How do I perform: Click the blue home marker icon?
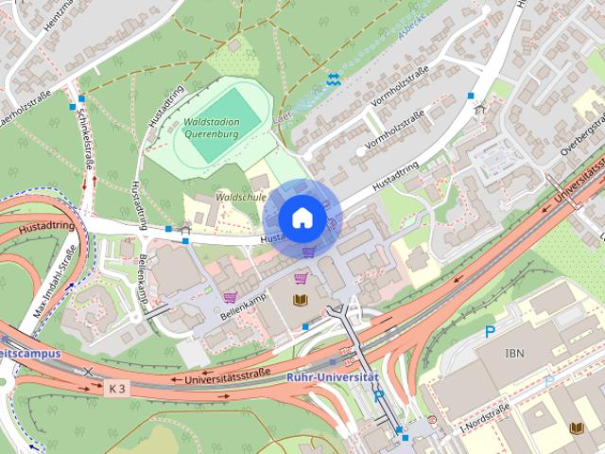coord(301,218)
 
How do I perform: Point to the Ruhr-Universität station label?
coord(332,377)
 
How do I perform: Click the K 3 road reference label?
coord(116,388)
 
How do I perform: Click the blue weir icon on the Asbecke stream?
coord(333,79)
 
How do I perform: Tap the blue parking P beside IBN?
coord(490,332)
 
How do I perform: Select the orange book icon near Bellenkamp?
coord(301,300)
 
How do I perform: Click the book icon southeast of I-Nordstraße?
coord(576,428)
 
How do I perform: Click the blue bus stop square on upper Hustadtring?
coord(471,96)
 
